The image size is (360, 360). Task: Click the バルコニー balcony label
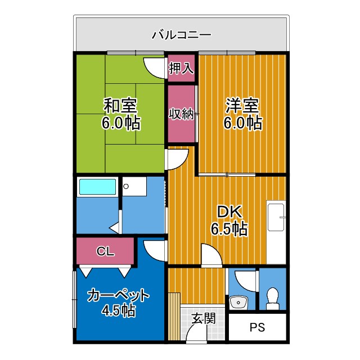(x=181, y=35)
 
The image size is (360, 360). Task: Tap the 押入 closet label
(x=181, y=68)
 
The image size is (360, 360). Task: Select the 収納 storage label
(x=182, y=113)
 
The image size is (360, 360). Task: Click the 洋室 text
(x=242, y=105)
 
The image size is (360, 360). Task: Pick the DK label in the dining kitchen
(x=229, y=212)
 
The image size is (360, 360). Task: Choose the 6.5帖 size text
(x=229, y=228)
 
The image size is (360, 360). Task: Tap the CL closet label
(x=105, y=251)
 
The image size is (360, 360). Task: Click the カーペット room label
(x=118, y=294)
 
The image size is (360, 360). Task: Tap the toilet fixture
(x=273, y=298)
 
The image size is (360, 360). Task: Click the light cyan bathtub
(x=97, y=186)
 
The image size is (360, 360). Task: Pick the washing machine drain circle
(x=127, y=186)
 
